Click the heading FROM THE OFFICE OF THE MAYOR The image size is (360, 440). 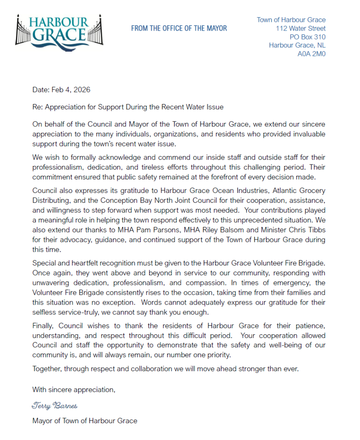pyautogui.click(x=179, y=28)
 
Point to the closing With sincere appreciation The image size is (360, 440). pyautogui.click(x=74, y=390)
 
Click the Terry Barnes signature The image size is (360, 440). pyautogui.click(x=54, y=406)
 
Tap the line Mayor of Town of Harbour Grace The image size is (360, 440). pyautogui.click(x=85, y=421)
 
